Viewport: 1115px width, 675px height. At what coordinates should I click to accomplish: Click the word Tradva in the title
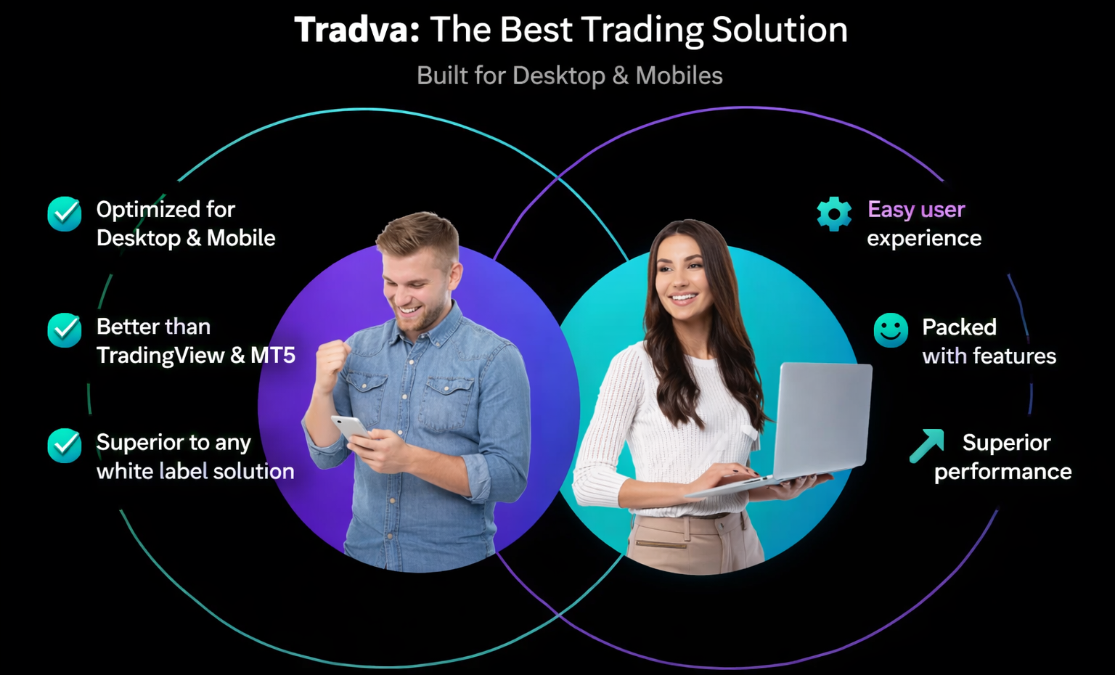[356, 30]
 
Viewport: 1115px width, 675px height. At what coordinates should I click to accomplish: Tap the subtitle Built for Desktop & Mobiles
[569, 75]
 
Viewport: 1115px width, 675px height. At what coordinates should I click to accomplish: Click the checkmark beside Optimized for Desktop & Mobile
[65, 214]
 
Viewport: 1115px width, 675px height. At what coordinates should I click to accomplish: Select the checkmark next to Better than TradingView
[65, 330]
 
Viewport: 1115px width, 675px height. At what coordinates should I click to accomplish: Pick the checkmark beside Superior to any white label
[65, 446]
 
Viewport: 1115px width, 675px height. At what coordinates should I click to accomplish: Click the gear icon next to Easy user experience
[834, 214]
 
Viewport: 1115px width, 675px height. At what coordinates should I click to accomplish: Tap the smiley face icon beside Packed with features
[891, 330]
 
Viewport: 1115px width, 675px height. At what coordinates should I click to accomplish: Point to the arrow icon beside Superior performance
[927, 446]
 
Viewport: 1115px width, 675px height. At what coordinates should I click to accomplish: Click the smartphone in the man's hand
[350, 426]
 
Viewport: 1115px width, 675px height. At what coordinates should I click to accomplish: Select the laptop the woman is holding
[820, 421]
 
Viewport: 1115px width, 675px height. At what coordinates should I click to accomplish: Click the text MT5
[273, 356]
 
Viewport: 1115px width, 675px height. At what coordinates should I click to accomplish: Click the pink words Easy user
[916, 210]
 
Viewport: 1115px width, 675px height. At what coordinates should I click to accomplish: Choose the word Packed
[959, 327]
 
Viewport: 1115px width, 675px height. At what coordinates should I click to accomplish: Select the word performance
[1002, 472]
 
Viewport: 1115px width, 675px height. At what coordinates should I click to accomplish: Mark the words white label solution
[195, 472]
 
